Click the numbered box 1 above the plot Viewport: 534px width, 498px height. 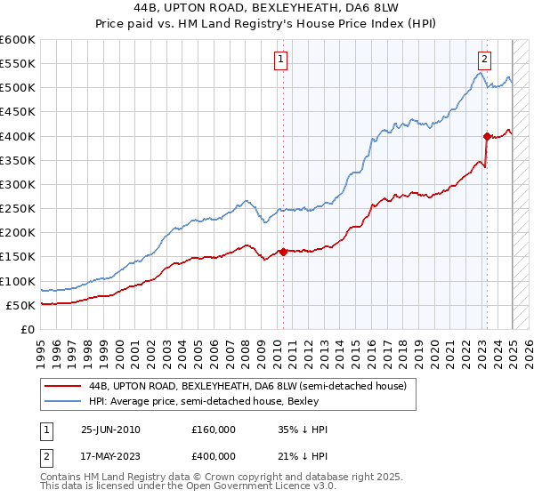[280, 60]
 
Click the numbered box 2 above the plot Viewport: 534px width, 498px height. [484, 60]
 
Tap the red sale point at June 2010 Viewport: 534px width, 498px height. [283, 252]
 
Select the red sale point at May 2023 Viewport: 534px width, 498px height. [487, 136]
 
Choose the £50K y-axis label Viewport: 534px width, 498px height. [21, 305]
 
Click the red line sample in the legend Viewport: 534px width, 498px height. [63, 386]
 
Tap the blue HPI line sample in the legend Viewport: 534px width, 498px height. [63, 401]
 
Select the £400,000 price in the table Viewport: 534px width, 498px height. [213, 459]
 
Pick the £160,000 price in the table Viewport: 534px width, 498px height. [213, 430]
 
